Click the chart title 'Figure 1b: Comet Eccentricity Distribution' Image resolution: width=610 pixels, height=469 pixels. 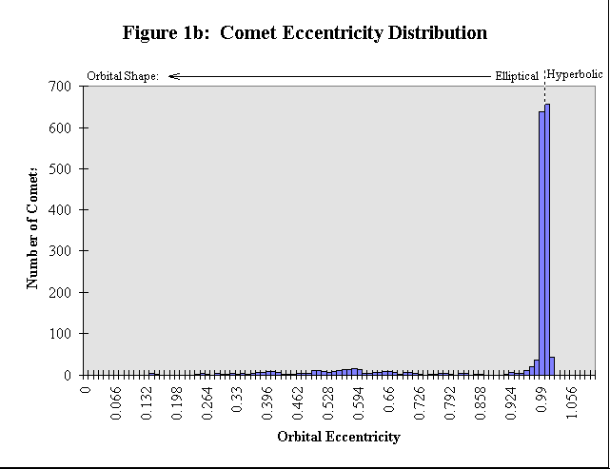(305, 32)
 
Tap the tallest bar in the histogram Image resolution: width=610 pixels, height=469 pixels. (547, 238)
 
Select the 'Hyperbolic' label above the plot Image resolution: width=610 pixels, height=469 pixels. (575, 74)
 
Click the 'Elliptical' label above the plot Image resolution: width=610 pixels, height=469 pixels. (517, 75)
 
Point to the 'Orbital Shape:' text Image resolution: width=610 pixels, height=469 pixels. (122, 75)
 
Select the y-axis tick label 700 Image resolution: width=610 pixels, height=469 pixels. (62, 87)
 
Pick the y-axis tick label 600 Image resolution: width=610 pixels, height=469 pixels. (62, 127)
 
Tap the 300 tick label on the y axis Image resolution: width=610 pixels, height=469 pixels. (62, 251)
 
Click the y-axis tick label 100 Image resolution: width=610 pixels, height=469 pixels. (62, 334)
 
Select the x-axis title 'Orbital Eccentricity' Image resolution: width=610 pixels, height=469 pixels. (339, 438)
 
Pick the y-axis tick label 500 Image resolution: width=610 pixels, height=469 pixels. (62, 168)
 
